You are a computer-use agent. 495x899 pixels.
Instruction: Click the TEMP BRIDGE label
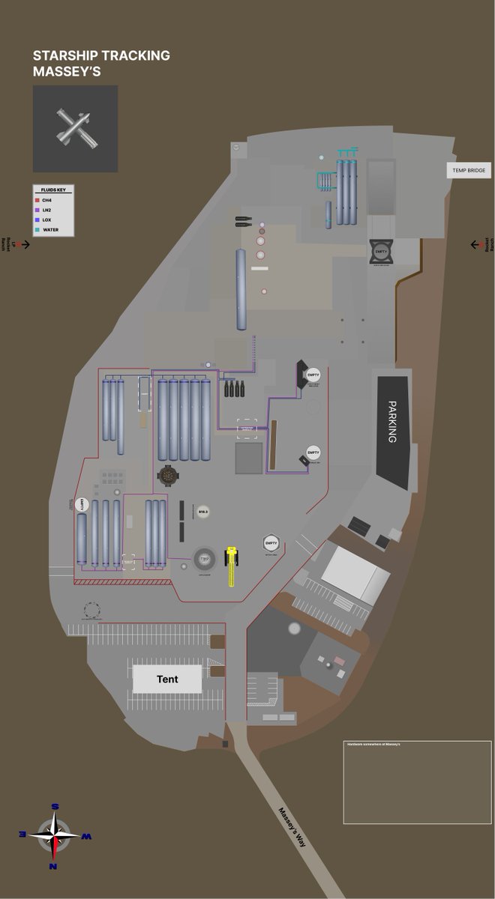469,171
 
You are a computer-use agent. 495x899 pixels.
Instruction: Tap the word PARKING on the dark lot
391,422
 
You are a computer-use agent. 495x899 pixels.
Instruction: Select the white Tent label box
167,679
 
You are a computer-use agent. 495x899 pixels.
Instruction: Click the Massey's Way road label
292,827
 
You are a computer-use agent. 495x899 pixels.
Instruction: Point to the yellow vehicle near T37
232,564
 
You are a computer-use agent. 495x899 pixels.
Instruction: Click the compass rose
55,835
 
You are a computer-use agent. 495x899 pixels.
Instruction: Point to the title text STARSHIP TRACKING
101,55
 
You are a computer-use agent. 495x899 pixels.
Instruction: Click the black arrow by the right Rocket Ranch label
475,244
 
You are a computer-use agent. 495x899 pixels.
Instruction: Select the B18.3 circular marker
202,512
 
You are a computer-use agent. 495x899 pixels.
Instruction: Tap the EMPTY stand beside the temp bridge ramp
381,252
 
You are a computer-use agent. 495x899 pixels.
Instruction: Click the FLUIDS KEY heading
52,190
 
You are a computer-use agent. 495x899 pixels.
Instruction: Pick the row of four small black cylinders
233,389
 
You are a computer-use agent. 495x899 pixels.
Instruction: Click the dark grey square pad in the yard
249,458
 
